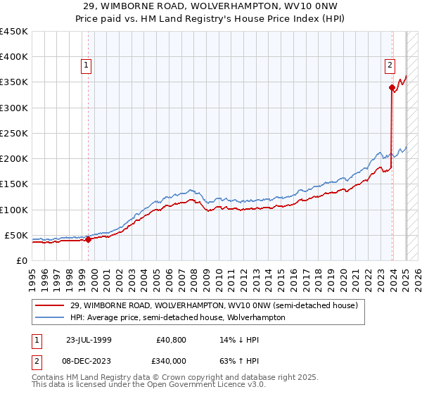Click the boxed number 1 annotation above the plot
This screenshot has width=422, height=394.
click(86, 66)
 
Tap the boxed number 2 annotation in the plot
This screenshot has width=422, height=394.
click(389, 66)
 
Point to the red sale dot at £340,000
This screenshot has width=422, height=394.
click(392, 87)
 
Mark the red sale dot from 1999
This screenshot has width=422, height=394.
click(88, 239)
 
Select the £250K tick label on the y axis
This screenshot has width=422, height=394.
click(14, 133)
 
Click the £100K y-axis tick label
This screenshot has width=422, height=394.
click(14, 210)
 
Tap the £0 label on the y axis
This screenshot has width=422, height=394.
click(22, 260)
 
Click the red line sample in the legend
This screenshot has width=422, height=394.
click(51, 305)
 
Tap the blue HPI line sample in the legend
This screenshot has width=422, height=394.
click(51, 317)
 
